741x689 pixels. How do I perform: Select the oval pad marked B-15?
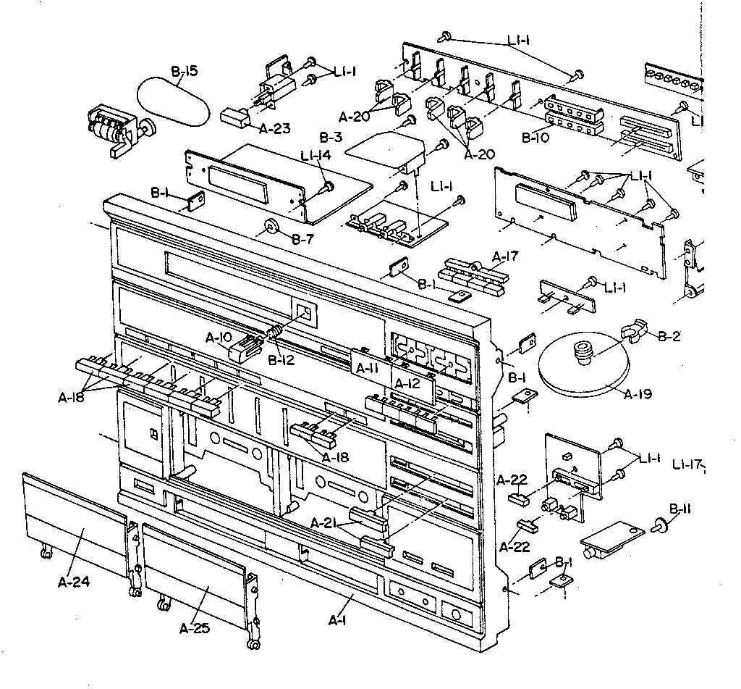[x=174, y=102]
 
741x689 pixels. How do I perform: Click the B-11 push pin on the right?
[x=661, y=525]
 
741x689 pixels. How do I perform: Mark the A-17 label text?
[x=505, y=256]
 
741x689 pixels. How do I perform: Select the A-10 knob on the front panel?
[x=244, y=348]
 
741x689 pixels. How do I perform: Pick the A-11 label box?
[x=367, y=368]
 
